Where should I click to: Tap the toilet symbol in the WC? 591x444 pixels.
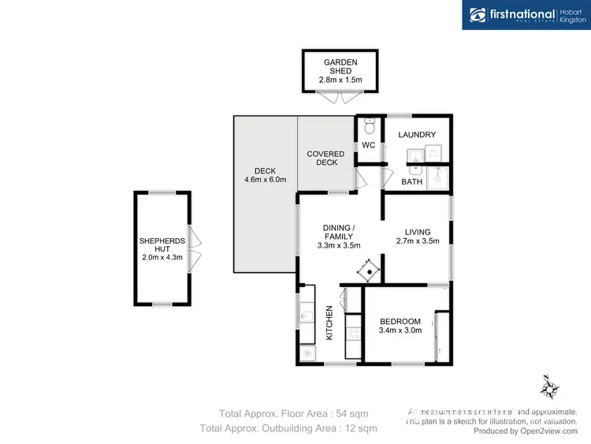[368, 126]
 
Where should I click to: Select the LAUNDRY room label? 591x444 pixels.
[417, 135]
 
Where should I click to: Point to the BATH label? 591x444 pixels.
[411, 182]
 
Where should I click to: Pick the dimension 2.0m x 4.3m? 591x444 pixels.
[162, 257]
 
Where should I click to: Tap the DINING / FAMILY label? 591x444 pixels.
[339, 231]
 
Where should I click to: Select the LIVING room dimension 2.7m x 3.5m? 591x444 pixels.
[417, 241]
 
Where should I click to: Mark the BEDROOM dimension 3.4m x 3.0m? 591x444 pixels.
[400, 331]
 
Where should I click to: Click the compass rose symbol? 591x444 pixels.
[549, 386]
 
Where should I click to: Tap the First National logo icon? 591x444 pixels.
[478, 14]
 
